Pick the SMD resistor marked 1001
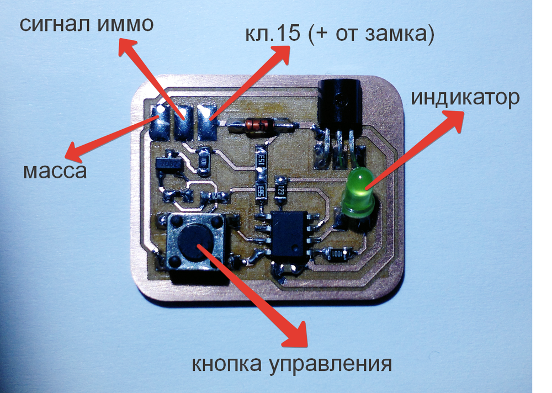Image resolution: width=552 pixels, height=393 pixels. coord(337,253)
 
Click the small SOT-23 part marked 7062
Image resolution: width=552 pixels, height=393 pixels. coord(168,164)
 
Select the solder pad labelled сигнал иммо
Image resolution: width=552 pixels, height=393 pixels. coord(184,123)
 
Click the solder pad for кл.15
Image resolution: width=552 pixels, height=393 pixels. coord(207,123)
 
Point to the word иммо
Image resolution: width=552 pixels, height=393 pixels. coord(125,24)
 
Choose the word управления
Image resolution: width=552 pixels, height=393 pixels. coord(330,365)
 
